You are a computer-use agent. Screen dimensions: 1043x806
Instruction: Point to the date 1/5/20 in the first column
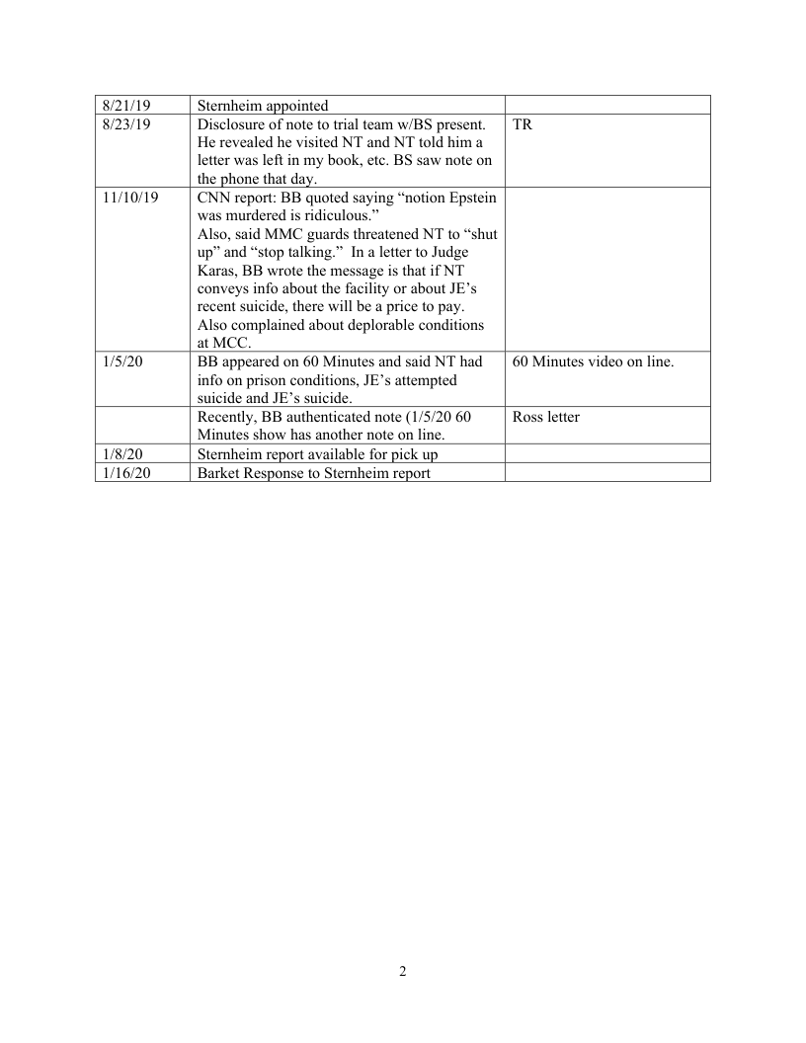(121, 361)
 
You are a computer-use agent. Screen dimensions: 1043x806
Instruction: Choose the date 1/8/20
(121, 454)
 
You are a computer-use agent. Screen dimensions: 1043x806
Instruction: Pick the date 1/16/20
(124, 472)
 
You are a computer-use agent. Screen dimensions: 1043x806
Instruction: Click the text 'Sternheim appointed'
(263, 105)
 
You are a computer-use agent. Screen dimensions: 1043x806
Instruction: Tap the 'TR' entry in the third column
(523, 124)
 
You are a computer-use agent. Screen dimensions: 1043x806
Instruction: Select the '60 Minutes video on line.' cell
(593, 361)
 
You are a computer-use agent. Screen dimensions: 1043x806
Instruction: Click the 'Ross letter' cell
(546, 417)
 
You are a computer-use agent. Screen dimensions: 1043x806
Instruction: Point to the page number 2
(403, 971)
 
